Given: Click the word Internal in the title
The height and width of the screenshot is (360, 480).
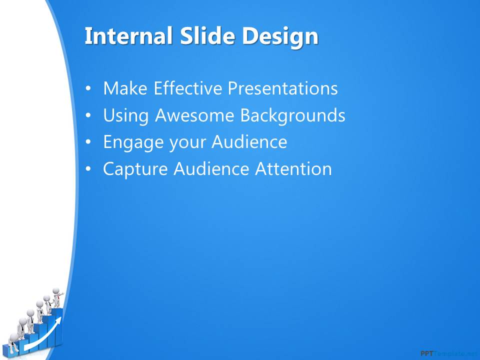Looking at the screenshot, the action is click(x=128, y=36).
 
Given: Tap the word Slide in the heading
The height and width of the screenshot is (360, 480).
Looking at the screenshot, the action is click(x=207, y=36).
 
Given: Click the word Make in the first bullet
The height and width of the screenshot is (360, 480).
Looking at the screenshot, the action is click(x=125, y=88).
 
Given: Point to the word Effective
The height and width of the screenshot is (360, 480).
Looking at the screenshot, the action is click(x=187, y=88).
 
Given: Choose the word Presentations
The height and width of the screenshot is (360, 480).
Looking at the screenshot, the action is click(x=282, y=88).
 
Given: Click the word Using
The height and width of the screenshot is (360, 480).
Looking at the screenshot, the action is click(x=126, y=115).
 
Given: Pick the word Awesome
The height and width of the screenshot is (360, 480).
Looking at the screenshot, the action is click(x=194, y=115).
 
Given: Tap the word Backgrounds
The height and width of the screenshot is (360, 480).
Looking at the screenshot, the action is click(x=292, y=115).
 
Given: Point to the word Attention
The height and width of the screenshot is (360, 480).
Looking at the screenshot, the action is click(x=293, y=169).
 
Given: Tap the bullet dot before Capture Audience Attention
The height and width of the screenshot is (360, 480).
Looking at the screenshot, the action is click(x=88, y=169).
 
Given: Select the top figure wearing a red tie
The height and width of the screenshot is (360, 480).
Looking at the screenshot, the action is click(x=57, y=297).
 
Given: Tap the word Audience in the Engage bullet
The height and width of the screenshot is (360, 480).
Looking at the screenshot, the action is click(x=249, y=142).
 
